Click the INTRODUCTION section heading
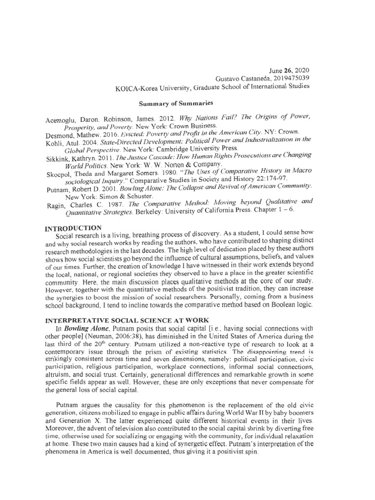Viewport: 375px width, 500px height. point(73,228)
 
